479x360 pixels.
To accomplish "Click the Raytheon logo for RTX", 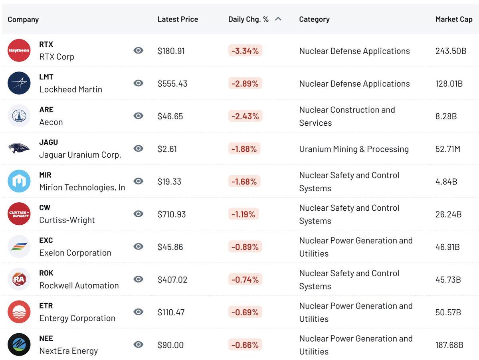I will (19, 50).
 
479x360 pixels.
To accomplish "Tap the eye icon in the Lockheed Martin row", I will (139, 83).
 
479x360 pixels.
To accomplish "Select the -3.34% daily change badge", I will (245, 51).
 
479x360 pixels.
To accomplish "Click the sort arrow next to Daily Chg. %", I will (278, 19).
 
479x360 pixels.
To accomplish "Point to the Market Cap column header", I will (453, 19).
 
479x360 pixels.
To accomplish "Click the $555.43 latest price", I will (172, 83).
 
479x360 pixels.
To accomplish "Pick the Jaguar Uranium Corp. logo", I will (19, 148).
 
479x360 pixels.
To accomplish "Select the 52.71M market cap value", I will (447, 149).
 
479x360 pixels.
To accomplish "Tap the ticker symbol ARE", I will (46, 109).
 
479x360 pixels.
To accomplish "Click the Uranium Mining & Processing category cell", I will (354, 149).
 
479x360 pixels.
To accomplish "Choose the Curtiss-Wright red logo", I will (19, 214).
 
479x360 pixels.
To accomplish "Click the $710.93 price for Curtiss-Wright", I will (172, 214).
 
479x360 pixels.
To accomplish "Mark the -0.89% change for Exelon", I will (245, 247).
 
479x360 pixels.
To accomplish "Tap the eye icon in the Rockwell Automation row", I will (139, 279).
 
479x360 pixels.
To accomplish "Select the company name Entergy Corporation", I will (77, 318).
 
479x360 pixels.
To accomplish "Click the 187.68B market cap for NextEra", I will (449, 345).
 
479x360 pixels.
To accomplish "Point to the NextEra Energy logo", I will (19, 344).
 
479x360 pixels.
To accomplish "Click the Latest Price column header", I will (178, 19).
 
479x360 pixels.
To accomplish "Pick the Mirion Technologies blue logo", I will (19, 181).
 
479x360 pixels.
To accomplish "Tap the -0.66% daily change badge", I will (245, 345).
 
